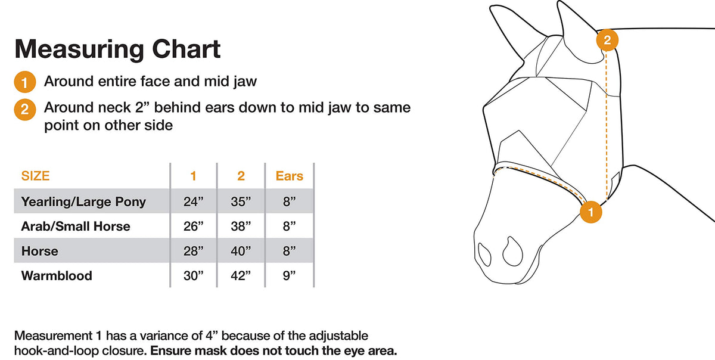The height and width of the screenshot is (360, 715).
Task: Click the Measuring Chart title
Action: pyautogui.click(x=117, y=49)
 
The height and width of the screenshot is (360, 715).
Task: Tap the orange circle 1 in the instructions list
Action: pyautogui.click(x=24, y=82)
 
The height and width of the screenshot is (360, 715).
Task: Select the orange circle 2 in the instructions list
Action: pyautogui.click(x=24, y=110)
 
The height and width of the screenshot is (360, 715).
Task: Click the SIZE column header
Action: pyautogui.click(x=35, y=176)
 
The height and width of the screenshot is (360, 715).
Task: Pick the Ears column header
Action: pyautogui.click(x=289, y=176)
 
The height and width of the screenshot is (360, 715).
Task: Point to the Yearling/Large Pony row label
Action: pyautogui.click(x=83, y=202)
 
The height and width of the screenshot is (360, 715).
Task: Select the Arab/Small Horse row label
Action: pyautogui.click(x=76, y=226)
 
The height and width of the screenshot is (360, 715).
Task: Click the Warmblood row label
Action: pyautogui.click(x=57, y=276)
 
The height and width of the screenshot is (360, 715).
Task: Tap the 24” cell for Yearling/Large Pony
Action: pyautogui.click(x=193, y=201)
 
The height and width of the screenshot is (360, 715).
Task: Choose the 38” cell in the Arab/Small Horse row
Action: pyautogui.click(x=241, y=226)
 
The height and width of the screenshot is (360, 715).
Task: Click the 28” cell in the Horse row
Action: pyautogui.click(x=193, y=251)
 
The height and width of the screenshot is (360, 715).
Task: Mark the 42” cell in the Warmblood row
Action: pyautogui.click(x=241, y=276)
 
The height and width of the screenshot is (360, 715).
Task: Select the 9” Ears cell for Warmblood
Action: pyautogui.click(x=289, y=276)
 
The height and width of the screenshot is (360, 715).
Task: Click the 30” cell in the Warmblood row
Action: pyautogui.click(x=193, y=276)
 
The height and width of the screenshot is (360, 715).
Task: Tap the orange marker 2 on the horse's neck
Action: pyautogui.click(x=607, y=40)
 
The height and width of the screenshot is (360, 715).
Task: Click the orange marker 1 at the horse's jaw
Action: pyautogui.click(x=591, y=212)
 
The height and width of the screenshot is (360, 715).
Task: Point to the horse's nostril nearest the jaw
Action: pyautogui.click(x=513, y=252)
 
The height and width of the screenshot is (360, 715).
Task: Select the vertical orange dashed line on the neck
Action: pyautogui.click(x=607, y=126)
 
